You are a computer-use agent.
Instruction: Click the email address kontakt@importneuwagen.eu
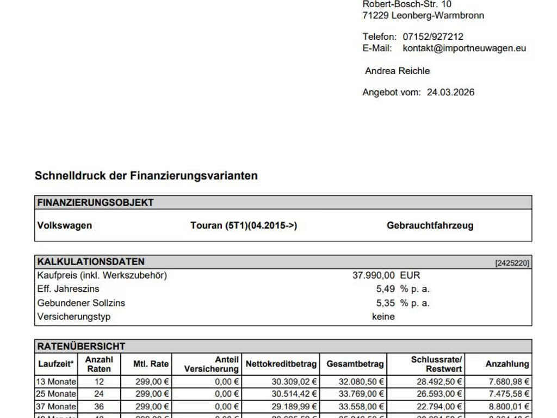465,48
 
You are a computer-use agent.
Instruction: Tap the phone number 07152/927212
433,36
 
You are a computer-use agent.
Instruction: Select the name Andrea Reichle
397,71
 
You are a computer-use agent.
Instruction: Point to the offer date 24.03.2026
450,92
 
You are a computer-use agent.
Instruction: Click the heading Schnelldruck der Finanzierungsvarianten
146,176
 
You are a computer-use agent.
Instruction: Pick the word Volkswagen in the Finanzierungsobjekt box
65,225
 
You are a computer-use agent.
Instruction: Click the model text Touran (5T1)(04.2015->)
244,225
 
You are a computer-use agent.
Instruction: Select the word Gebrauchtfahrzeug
430,225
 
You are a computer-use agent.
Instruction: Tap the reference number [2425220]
512,263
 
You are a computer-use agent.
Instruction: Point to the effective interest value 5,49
385,289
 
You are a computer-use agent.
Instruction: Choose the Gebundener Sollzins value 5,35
385,303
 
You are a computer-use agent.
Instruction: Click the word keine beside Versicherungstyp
383,316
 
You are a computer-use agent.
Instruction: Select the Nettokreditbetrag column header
281,364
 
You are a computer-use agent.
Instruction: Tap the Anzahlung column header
507,364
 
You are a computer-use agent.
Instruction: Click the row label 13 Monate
57,382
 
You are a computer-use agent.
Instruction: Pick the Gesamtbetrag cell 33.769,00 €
355,394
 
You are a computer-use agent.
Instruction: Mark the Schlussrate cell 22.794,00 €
440,406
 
